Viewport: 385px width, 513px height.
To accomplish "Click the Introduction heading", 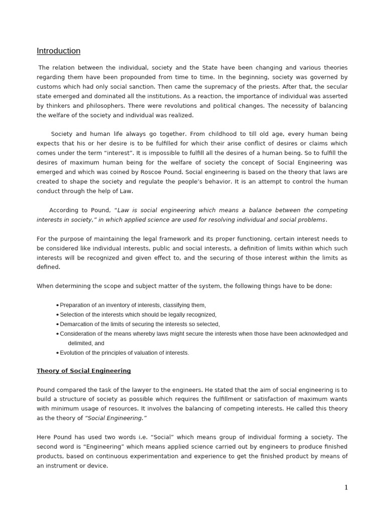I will [58, 51].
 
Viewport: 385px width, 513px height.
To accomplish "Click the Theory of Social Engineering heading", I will [84, 371].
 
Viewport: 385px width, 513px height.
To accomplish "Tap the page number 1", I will [346, 487].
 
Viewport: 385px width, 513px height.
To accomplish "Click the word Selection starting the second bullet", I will [74, 315].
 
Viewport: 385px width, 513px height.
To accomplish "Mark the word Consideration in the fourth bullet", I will [80, 334].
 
